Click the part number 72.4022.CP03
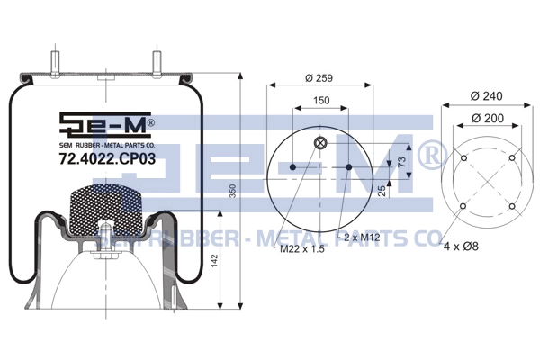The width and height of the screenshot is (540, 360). tap(107, 158)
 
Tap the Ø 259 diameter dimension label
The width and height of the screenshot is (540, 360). tap(319, 78)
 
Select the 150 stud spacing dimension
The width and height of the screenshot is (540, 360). tap(321, 100)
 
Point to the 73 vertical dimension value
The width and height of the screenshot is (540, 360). tap(401, 162)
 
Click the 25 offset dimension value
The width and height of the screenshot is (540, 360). tap(382, 191)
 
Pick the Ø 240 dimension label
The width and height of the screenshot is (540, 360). tap(486, 95)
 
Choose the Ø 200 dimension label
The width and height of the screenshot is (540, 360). tap(488, 118)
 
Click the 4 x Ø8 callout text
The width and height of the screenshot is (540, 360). tap(461, 247)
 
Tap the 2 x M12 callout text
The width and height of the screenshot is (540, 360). tap(362, 238)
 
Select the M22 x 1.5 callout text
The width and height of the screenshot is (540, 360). tap(302, 248)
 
